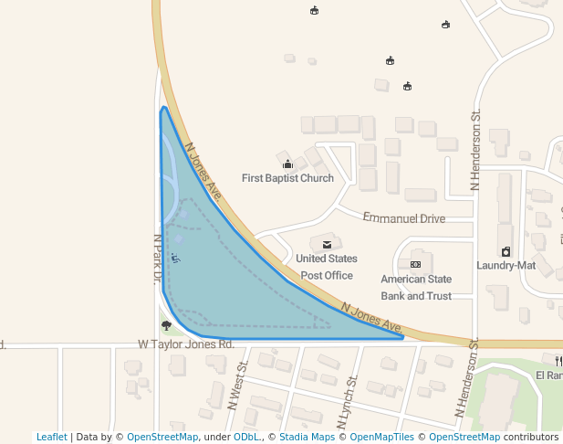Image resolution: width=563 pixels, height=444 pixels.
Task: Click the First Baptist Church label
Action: pos(287,178)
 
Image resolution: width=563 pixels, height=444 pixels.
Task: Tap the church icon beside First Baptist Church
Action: pos(287,164)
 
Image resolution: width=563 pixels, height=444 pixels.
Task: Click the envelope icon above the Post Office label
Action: pos(327,245)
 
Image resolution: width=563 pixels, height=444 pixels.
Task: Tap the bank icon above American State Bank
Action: pos(415,264)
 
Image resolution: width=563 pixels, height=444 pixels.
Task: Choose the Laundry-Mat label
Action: pos(506,265)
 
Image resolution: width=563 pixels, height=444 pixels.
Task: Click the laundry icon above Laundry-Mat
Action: pos(506,251)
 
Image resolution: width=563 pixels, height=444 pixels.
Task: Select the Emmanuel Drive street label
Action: pos(403,218)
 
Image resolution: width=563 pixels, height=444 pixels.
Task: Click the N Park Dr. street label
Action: pos(157,259)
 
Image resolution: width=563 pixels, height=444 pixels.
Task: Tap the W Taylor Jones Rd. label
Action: pos(186,344)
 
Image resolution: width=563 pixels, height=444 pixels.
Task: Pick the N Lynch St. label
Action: pos(348,403)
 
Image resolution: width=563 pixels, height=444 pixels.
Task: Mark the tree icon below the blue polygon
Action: pos(166,325)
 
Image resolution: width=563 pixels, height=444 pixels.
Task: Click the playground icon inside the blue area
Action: pos(175,259)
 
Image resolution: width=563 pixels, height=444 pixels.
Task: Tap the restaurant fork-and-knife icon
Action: pos(558,361)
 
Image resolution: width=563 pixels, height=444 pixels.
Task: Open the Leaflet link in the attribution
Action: pos(51,437)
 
